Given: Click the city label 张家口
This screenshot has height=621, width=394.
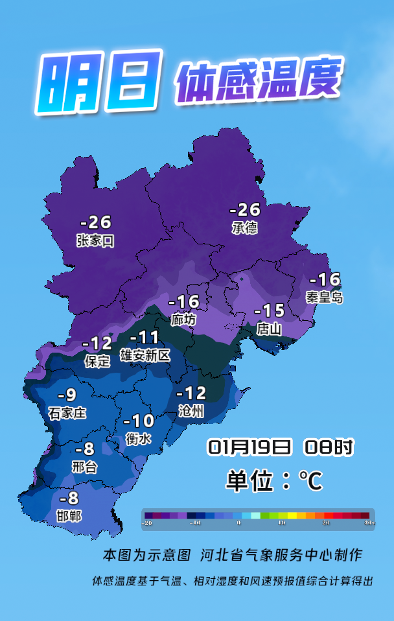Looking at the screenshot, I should pyautogui.click(x=95, y=241).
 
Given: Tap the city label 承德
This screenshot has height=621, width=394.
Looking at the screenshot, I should pyautogui.click(x=244, y=228).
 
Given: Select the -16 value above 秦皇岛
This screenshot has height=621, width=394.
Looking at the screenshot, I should pyautogui.click(x=325, y=280).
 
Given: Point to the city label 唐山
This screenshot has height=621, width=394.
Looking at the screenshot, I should pyautogui.click(x=269, y=329).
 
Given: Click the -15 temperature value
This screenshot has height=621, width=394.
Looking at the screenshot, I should pyautogui.click(x=269, y=310).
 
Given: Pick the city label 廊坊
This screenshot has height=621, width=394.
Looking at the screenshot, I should pyautogui.click(x=183, y=320).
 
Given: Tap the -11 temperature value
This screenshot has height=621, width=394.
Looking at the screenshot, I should pyautogui.click(x=145, y=338).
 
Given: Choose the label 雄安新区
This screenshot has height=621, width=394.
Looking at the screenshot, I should pyautogui.click(x=145, y=355).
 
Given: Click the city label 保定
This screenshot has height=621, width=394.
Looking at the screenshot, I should pyautogui.click(x=97, y=361).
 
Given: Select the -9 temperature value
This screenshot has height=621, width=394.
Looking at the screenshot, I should pyautogui.click(x=67, y=395).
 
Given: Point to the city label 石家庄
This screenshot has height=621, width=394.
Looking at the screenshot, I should pyautogui.click(x=67, y=412).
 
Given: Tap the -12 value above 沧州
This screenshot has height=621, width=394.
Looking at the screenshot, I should pyautogui.click(x=191, y=393).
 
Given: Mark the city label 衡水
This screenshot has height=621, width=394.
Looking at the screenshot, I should pyautogui.click(x=138, y=439).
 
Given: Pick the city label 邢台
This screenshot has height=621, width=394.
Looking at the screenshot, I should pyautogui.click(x=84, y=467).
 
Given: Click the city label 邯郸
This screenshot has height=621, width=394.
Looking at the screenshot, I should pyautogui.click(x=69, y=516).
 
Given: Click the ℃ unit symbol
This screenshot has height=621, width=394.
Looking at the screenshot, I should pyautogui.click(x=310, y=481).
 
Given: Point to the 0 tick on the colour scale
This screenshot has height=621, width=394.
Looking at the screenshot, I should pyautogui.click(x=238, y=522).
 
